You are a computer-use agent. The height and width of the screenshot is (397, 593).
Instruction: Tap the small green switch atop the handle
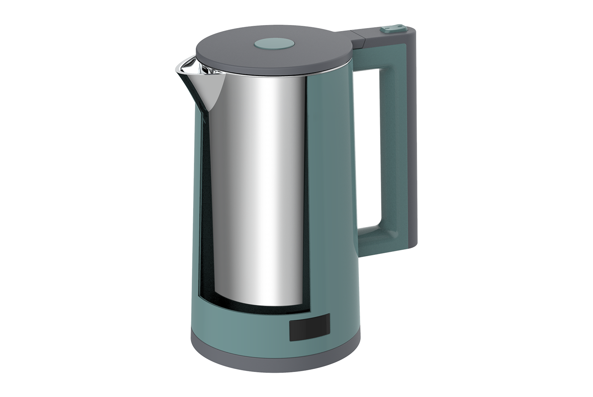pyautogui.click(x=392, y=28)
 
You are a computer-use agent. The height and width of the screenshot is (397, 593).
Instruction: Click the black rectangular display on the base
pyautogui.click(x=310, y=327)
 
